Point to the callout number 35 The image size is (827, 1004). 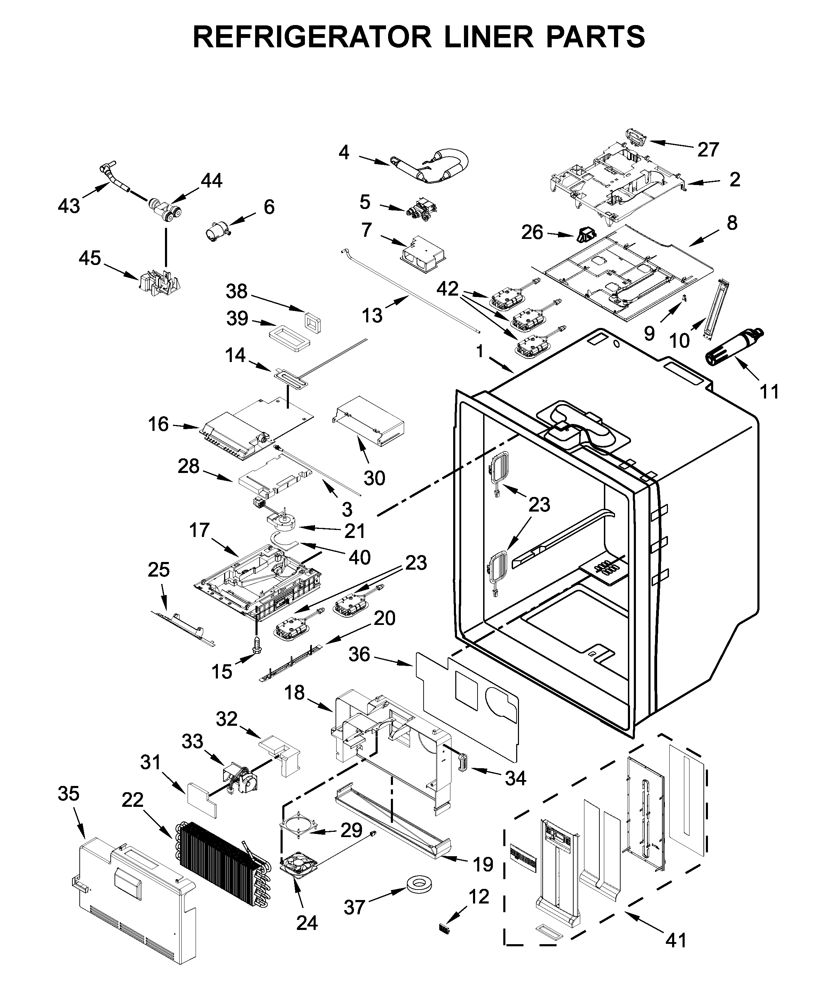tap(68, 794)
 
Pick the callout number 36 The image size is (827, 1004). tap(359, 654)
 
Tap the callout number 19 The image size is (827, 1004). tap(482, 864)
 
